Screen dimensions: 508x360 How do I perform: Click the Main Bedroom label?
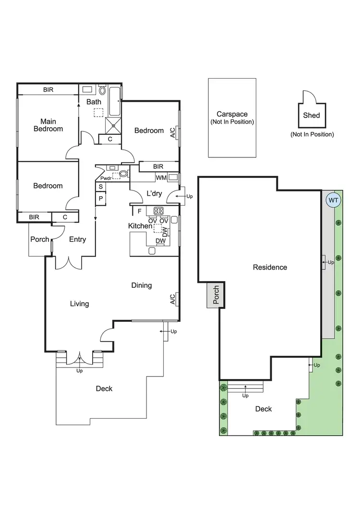pos(51,125)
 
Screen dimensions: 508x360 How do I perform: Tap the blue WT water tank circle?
pos(332,200)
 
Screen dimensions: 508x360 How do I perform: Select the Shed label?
pos(311,115)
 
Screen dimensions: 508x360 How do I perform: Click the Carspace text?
pos(232,114)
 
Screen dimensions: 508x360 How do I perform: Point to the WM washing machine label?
pos(161,177)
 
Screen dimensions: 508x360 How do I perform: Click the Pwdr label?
pos(106,177)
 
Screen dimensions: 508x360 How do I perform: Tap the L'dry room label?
pos(154,193)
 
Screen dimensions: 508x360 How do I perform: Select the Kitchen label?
pos(140,226)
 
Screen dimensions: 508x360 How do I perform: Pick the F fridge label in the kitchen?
pos(140,211)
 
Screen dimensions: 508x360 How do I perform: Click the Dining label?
pos(142,285)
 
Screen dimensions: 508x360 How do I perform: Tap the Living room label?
pos(79,304)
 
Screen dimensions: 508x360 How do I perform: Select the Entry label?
pos(77,239)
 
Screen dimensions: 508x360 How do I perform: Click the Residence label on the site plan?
pos(270,267)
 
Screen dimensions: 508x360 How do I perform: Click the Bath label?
pos(94,102)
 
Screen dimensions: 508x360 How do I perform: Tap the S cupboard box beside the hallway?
pos(101,187)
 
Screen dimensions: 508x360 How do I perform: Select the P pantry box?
pos(101,198)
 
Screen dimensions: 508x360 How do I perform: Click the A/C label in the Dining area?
pos(172,299)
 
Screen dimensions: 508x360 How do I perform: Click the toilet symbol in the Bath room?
pos(103,91)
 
